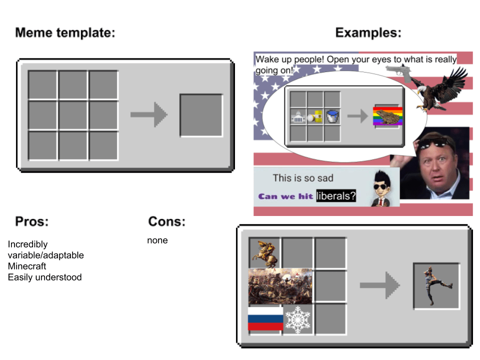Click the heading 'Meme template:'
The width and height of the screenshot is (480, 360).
pyautogui.click(x=65, y=33)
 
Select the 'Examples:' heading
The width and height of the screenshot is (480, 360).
pyautogui.click(x=368, y=33)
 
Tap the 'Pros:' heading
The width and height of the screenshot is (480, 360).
pyautogui.click(x=31, y=221)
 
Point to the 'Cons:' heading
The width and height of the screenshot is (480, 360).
pyautogui.click(x=166, y=222)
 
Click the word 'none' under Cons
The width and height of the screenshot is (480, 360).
pyautogui.click(x=157, y=240)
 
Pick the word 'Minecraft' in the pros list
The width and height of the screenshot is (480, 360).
pyautogui.click(x=27, y=266)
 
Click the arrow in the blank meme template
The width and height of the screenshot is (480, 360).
pyautogui.click(x=148, y=115)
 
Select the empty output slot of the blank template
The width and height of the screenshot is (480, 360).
pyautogui.click(x=201, y=115)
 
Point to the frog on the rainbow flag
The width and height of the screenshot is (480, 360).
pyautogui.click(x=388, y=117)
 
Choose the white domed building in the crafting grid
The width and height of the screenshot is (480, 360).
pyautogui.click(x=298, y=117)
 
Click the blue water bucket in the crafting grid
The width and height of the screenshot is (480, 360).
pyautogui.click(x=332, y=117)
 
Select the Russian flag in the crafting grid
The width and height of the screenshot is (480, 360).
pyautogui.click(x=265, y=319)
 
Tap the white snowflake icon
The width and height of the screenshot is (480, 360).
pyautogui.click(x=297, y=319)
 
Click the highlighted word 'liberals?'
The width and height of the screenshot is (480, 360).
pyautogui.click(x=336, y=196)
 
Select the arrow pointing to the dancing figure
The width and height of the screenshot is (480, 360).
pyautogui.click(x=379, y=285)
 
